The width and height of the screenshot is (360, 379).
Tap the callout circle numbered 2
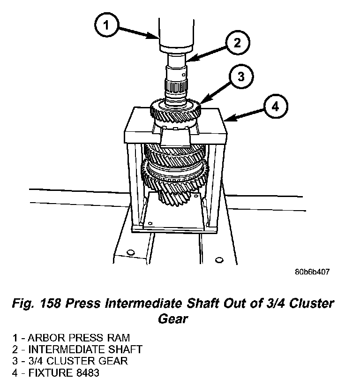click(x=237, y=43)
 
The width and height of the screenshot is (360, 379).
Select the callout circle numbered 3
click(x=240, y=76)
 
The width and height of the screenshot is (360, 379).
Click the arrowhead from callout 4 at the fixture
click(x=226, y=120)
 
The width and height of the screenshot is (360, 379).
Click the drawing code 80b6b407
click(x=312, y=272)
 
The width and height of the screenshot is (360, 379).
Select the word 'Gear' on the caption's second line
click(x=172, y=319)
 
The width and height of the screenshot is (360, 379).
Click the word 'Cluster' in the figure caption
click(x=309, y=303)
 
